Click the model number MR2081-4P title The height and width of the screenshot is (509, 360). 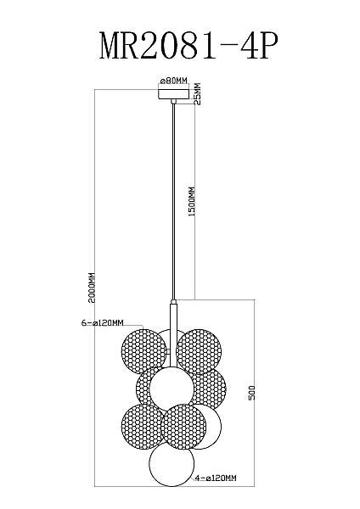[188, 46]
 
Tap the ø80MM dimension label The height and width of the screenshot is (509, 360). [174, 81]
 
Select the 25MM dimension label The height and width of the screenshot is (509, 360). [197, 94]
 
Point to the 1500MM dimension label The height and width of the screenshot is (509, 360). [192, 202]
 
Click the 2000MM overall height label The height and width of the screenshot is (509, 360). [93, 288]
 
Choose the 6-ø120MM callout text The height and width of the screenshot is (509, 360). [103, 322]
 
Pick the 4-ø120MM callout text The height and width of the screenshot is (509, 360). [216, 478]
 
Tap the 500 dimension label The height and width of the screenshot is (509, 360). [252, 392]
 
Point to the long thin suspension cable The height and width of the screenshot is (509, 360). [173, 201]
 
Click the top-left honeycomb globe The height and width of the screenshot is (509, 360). [143, 351]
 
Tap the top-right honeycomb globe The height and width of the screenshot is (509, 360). [199, 351]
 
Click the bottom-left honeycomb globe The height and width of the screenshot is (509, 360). [142, 426]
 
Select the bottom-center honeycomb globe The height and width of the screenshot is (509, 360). [184, 426]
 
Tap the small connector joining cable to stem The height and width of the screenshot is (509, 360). [173, 301]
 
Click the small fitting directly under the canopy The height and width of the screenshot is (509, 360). [173, 102]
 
